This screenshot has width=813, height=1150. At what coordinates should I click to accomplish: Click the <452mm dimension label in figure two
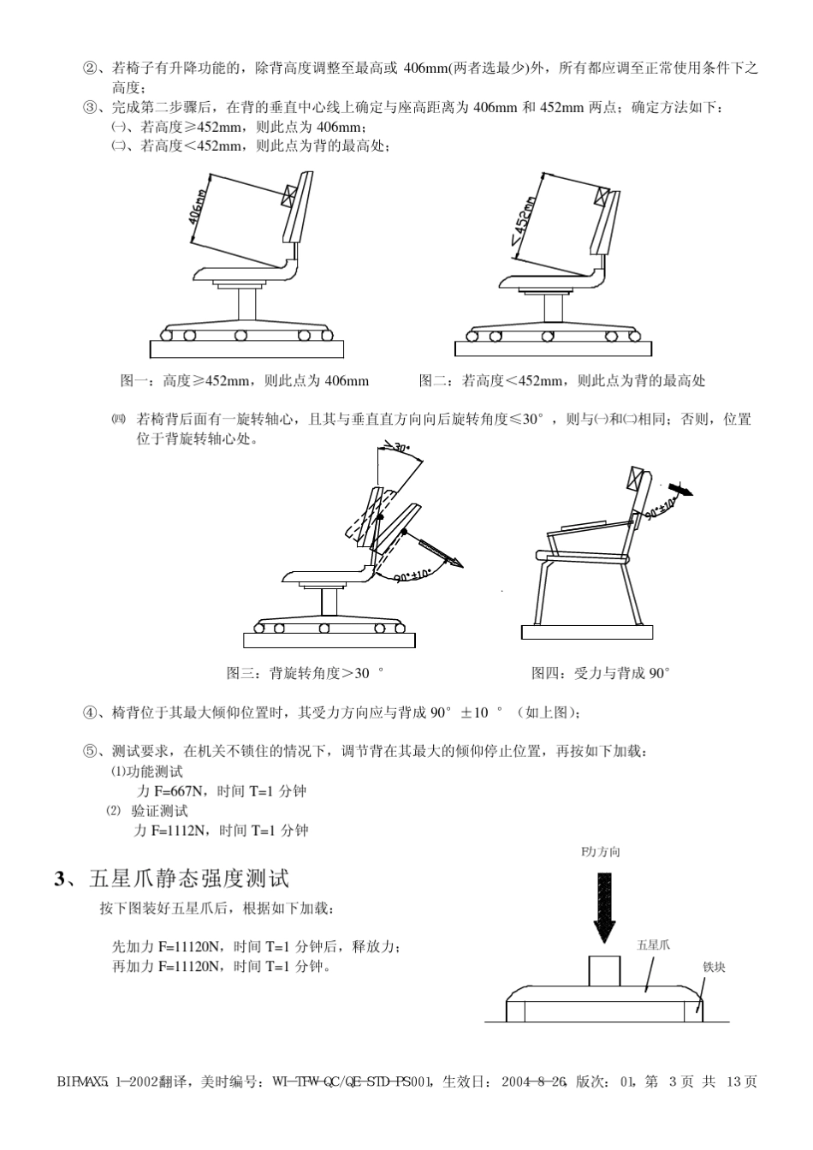[x=525, y=222]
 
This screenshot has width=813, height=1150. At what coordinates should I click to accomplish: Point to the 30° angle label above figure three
[x=401, y=447]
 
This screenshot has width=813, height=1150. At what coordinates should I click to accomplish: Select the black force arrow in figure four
[x=681, y=488]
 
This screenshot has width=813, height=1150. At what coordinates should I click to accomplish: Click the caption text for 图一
[x=245, y=381]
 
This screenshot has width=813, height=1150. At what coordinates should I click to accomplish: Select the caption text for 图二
[x=561, y=381]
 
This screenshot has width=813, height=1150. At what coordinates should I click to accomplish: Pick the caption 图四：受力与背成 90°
[x=600, y=673]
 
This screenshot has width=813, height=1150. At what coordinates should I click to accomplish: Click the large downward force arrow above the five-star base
[x=604, y=906]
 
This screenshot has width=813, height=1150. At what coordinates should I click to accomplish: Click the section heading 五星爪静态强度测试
[x=189, y=879]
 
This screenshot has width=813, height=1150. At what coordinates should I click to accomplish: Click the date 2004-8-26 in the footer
[x=535, y=1081]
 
